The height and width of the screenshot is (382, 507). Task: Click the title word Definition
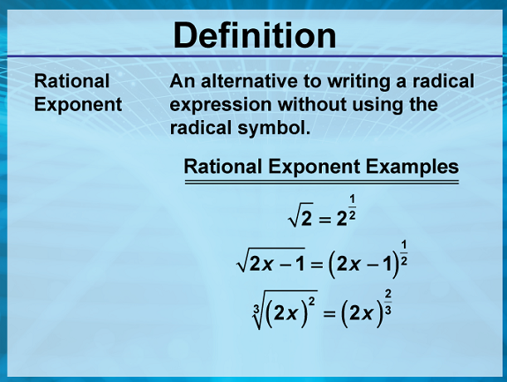click(255, 35)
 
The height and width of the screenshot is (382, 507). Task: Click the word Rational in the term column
click(71, 81)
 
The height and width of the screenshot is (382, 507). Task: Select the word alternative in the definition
click(249, 81)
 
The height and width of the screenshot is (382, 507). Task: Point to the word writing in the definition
click(359, 82)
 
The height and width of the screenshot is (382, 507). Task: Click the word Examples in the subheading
click(412, 167)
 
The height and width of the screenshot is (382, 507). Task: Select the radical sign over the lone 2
click(300, 214)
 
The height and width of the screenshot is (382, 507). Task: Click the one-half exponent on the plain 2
click(352, 207)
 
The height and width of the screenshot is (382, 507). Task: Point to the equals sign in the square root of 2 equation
click(324, 221)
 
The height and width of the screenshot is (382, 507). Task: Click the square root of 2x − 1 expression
click(271, 260)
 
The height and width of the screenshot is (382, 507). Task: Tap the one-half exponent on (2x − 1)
click(404, 252)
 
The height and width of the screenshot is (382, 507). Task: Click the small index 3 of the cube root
click(257, 309)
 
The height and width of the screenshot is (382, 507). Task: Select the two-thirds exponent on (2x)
click(388, 302)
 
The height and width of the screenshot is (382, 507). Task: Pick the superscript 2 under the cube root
click(312, 301)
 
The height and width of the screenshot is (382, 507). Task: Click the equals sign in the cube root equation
click(329, 313)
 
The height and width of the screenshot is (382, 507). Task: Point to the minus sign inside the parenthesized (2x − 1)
click(372, 266)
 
